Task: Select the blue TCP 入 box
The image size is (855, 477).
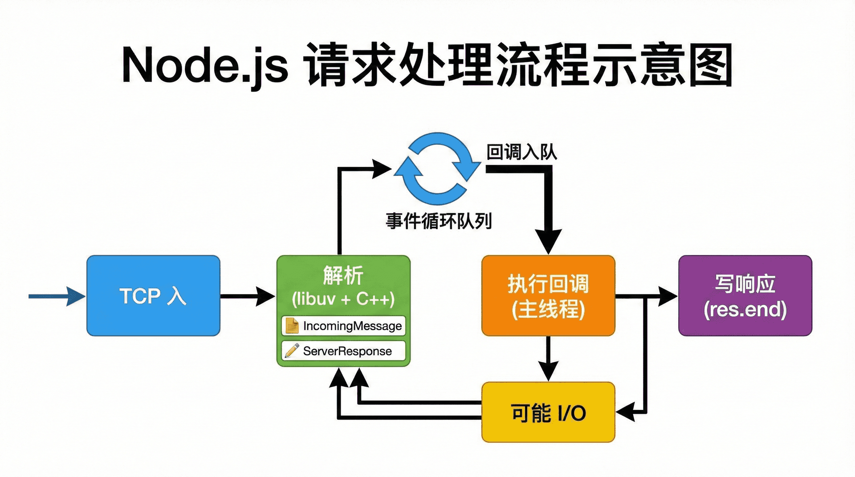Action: [x=153, y=295]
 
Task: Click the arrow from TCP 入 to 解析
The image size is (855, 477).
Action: [x=248, y=296]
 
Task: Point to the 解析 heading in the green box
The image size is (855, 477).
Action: [x=343, y=275]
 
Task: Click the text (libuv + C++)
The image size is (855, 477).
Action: [x=343, y=299]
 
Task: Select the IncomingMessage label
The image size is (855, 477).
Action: [x=352, y=326]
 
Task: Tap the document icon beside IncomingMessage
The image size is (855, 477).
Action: [x=292, y=326]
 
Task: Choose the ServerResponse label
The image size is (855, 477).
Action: [x=347, y=351]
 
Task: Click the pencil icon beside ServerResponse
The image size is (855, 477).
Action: [x=292, y=351]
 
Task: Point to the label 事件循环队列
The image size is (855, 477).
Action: [x=439, y=221]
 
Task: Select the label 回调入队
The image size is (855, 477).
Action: [x=521, y=152]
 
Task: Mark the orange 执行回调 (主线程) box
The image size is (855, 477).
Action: [x=548, y=296]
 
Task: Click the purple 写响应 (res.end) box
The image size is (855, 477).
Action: [x=745, y=296]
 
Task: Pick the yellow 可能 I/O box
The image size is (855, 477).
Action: [x=548, y=412]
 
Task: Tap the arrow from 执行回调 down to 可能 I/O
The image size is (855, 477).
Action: [x=548, y=359]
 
